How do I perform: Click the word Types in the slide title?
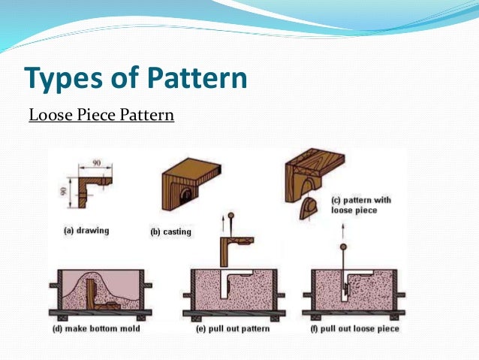[x=62, y=78]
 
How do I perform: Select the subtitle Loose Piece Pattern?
[x=101, y=116]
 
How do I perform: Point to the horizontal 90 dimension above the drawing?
[x=97, y=162]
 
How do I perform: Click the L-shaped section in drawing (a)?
[x=95, y=184]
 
